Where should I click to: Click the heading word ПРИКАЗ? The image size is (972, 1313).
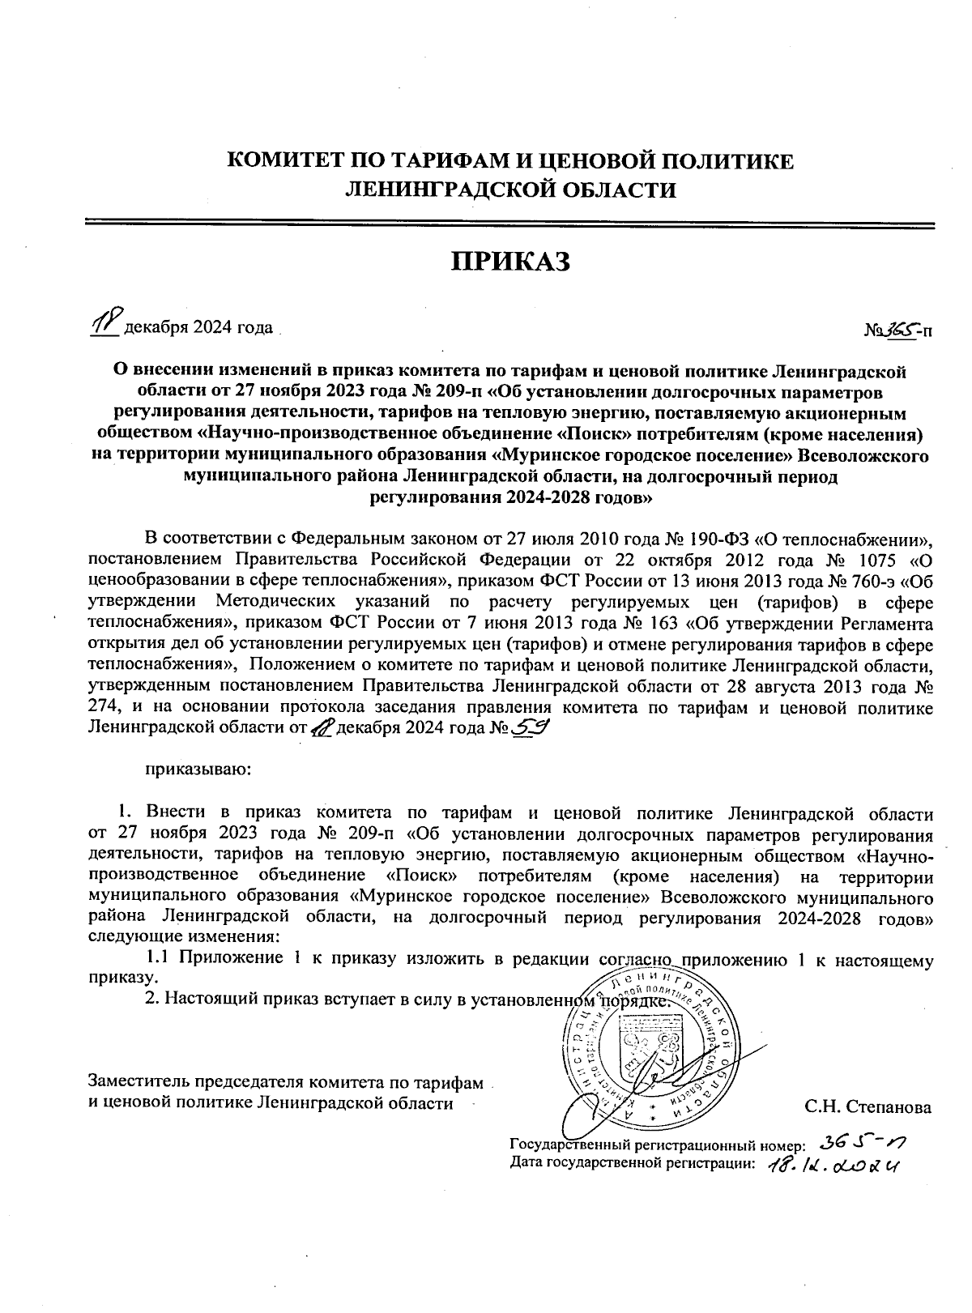(510, 262)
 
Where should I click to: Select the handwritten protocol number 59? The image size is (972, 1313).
(531, 727)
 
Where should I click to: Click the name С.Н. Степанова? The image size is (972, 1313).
(868, 1107)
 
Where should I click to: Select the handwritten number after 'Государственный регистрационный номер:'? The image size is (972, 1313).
(862, 1142)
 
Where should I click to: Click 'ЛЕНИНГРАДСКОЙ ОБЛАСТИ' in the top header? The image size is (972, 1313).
(510, 190)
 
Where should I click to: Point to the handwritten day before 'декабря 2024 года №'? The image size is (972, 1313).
(322, 727)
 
